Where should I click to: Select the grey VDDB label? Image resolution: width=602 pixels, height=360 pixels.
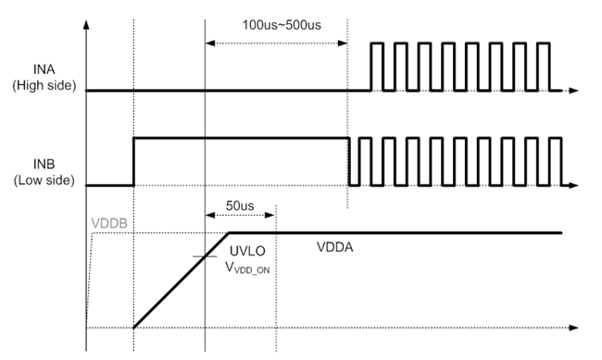click(110, 222)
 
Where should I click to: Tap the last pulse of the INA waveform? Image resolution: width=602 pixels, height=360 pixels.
click(544, 66)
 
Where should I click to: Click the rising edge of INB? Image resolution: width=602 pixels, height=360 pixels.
click(134, 161)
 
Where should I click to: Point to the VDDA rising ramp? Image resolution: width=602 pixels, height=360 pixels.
click(181, 280)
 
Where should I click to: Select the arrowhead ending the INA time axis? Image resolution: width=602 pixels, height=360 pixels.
click(574, 91)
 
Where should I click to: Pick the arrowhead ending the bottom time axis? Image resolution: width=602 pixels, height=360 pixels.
click(574, 328)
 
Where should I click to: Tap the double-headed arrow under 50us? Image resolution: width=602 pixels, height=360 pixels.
click(240, 216)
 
